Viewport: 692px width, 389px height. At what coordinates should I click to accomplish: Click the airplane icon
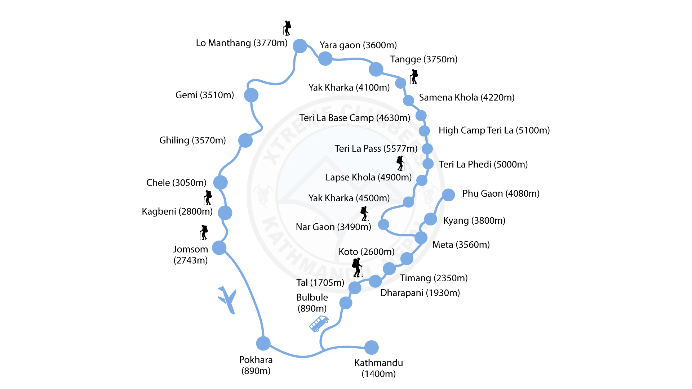[227, 299]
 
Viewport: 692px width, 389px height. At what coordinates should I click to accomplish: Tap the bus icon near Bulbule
[319, 323]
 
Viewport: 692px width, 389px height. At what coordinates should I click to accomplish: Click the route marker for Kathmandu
[371, 348]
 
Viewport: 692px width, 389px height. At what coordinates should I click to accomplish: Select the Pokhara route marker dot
[263, 343]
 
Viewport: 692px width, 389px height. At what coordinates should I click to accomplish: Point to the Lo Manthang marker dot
[300, 46]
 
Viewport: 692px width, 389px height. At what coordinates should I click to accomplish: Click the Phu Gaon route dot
[448, 195]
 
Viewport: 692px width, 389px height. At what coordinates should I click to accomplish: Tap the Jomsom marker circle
[219, 248]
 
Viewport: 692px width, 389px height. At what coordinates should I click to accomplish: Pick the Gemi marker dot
[251, 95]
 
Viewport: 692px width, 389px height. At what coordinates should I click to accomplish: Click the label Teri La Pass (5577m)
[376, 148]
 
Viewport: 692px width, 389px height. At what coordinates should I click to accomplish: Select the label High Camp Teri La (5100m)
[494, 130]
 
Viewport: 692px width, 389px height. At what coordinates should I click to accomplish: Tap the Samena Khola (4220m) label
[466, 97]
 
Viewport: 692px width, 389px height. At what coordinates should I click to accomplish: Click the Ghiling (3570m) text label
[192, 140]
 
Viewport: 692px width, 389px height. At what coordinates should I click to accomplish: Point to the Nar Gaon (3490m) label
[333, 227]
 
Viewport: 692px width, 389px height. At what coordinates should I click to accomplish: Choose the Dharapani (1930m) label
[420, 293]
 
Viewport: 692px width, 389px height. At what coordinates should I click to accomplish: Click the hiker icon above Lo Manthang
[287, 28]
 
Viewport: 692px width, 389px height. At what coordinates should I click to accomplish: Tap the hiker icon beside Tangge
[414, 77]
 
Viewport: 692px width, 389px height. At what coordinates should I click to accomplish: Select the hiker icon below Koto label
[357, 267]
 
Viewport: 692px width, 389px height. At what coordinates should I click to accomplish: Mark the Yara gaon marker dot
[325, 58]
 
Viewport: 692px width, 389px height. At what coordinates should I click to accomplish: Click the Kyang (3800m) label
[474, 220]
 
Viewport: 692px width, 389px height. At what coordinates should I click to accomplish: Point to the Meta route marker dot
[421, 238]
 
